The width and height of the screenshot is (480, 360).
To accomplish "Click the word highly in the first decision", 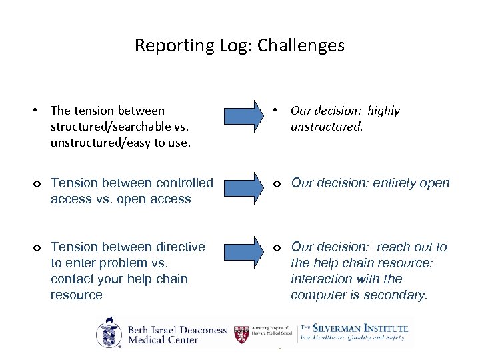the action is (x=383, y=111).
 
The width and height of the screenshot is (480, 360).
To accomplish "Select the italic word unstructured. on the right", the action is (x=327, y=127).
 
